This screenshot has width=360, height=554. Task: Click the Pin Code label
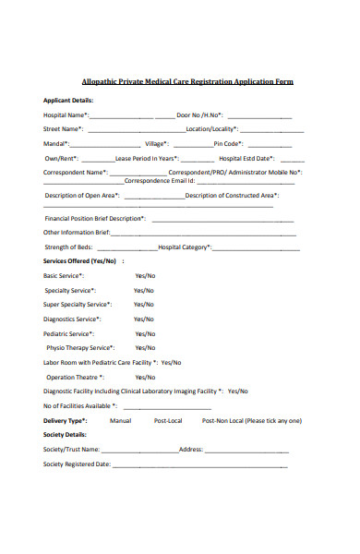pyautogui.click(x=228, y=144)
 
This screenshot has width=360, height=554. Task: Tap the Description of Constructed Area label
pyautogui.click(x=231, y=196)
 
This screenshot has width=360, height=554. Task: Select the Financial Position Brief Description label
pyautogui.click(x=95, y=219)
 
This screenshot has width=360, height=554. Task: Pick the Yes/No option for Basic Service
pyautogui.click(x=145, y=275)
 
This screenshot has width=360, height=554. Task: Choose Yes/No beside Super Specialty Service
pyautogui.click(x=143, y=304)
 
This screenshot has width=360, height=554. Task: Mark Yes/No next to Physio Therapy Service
pyautogui.click(x=145, y=348)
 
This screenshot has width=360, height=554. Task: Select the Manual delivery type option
pyautogui.click(x=120, y=420)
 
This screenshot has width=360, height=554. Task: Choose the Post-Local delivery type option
pyautogui.click(x=168, y=420)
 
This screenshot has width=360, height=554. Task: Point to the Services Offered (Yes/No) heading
pyautogui.click(x=80, y=261)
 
